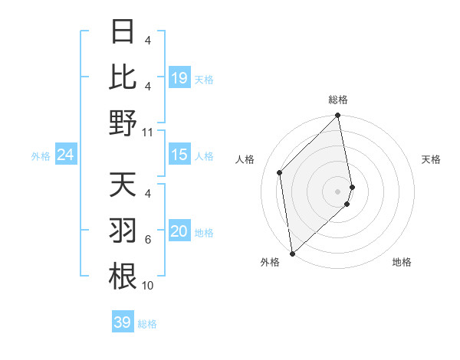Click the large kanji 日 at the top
click(x=123, y=32)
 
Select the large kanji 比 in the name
click(x=123, y=77)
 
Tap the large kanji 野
click(x=123, y=123)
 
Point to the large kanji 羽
click(x=123, y=231)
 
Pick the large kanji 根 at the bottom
click(x=123, y=277)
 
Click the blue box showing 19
click(x=179, y=77)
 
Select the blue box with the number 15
click(x=179, y=155)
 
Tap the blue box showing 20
click(x=179, y=232)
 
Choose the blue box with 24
click(x=66, y=155)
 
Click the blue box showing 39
click(x=123, y=322)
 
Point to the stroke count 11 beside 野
click(x=147, y=132)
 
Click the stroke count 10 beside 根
click(x=147, y=286)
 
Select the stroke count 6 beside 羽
click(x=148, y=241)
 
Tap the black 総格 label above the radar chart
click(x=338, y=100)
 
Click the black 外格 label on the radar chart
click(x=269, y=262)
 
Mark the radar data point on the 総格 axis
click(x=338, y=116)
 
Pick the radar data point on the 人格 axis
click(x=280, y=172)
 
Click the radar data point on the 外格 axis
click(x=292, y=253)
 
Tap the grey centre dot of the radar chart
click(x=338, y=191)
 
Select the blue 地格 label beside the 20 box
click(x=204, y=233)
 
